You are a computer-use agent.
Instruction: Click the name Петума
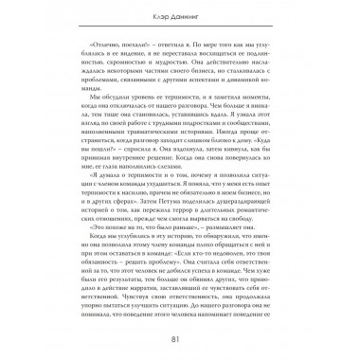pos(168,196)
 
